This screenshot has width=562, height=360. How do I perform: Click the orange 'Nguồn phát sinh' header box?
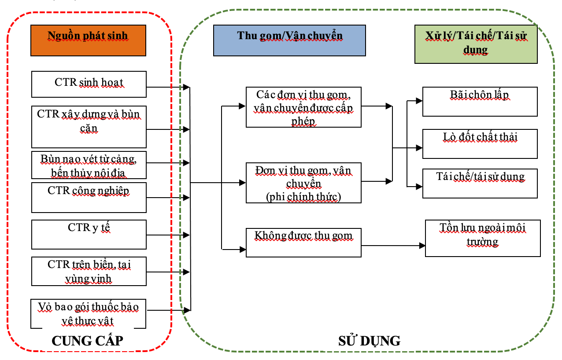pos(89,40)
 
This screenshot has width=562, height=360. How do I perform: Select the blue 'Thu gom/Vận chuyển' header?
pos(289,40)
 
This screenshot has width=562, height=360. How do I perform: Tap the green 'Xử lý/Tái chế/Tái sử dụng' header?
pos(476,44)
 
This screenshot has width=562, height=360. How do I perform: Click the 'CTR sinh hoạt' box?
pos(89,84)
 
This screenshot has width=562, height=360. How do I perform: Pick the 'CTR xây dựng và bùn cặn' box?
pos(89,127)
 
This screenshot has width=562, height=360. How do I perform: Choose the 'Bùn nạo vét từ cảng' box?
pos(89,165)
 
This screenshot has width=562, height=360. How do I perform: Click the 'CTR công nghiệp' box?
pos(89,198)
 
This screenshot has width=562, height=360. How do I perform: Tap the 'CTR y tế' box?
pos(89,235)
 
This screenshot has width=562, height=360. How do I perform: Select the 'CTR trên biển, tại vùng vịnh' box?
pos(89,271)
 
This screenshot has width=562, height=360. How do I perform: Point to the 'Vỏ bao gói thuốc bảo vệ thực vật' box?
pos(89,314)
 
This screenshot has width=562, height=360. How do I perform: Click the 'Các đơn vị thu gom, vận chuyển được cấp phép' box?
pos(303,107)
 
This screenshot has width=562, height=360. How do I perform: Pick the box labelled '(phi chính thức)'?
pos(303,183)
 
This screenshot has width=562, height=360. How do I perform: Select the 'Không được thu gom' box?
pos(303,242)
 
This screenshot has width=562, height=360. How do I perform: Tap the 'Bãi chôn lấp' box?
pos(480,102)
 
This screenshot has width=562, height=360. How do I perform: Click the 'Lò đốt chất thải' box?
pos(480,144)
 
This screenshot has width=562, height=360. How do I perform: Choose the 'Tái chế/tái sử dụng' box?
pos(480,184)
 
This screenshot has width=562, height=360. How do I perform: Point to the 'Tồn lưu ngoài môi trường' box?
pos(483,238)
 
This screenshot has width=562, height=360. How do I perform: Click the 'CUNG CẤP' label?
pos(87,341)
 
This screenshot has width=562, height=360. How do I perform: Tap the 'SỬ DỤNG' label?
pos(370,341)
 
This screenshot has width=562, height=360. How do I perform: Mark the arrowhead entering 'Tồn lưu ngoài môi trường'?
pos(422,246)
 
